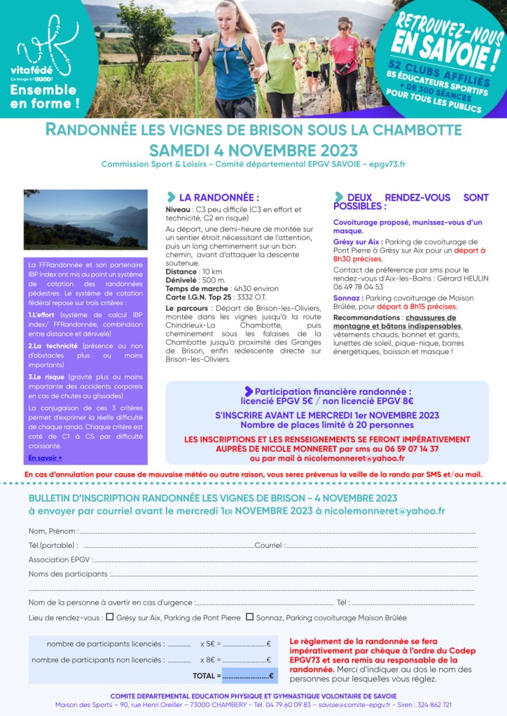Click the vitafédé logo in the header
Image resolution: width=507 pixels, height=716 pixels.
pyautogui.click(x=44, y=53)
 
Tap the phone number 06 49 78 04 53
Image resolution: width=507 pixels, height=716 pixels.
pyautogui.click(x=358, y=287)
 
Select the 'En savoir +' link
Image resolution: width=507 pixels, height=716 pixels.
pyautogui.click(x=45, y=458)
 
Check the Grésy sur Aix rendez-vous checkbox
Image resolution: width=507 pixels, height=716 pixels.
pyautogui.click(x=109, y=617)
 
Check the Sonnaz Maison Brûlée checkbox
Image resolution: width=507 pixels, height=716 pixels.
pyautogui.click(x=249, y=617)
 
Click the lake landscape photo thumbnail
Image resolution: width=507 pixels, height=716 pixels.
pyautogui.click(x=85, y=219)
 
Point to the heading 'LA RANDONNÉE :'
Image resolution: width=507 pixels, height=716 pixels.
pyautogui.click(x=218, y=197)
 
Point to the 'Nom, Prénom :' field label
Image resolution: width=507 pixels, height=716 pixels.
pyautogui.click(x=53, y=531)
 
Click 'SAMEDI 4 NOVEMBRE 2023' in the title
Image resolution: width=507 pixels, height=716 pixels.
pyautogui.click(x=253, y=150)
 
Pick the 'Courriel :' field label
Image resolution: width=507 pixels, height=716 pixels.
pyautogui.click(x=269, y=545)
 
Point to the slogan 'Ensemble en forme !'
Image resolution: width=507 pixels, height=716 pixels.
pyautogui.click(x=44, y=97)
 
